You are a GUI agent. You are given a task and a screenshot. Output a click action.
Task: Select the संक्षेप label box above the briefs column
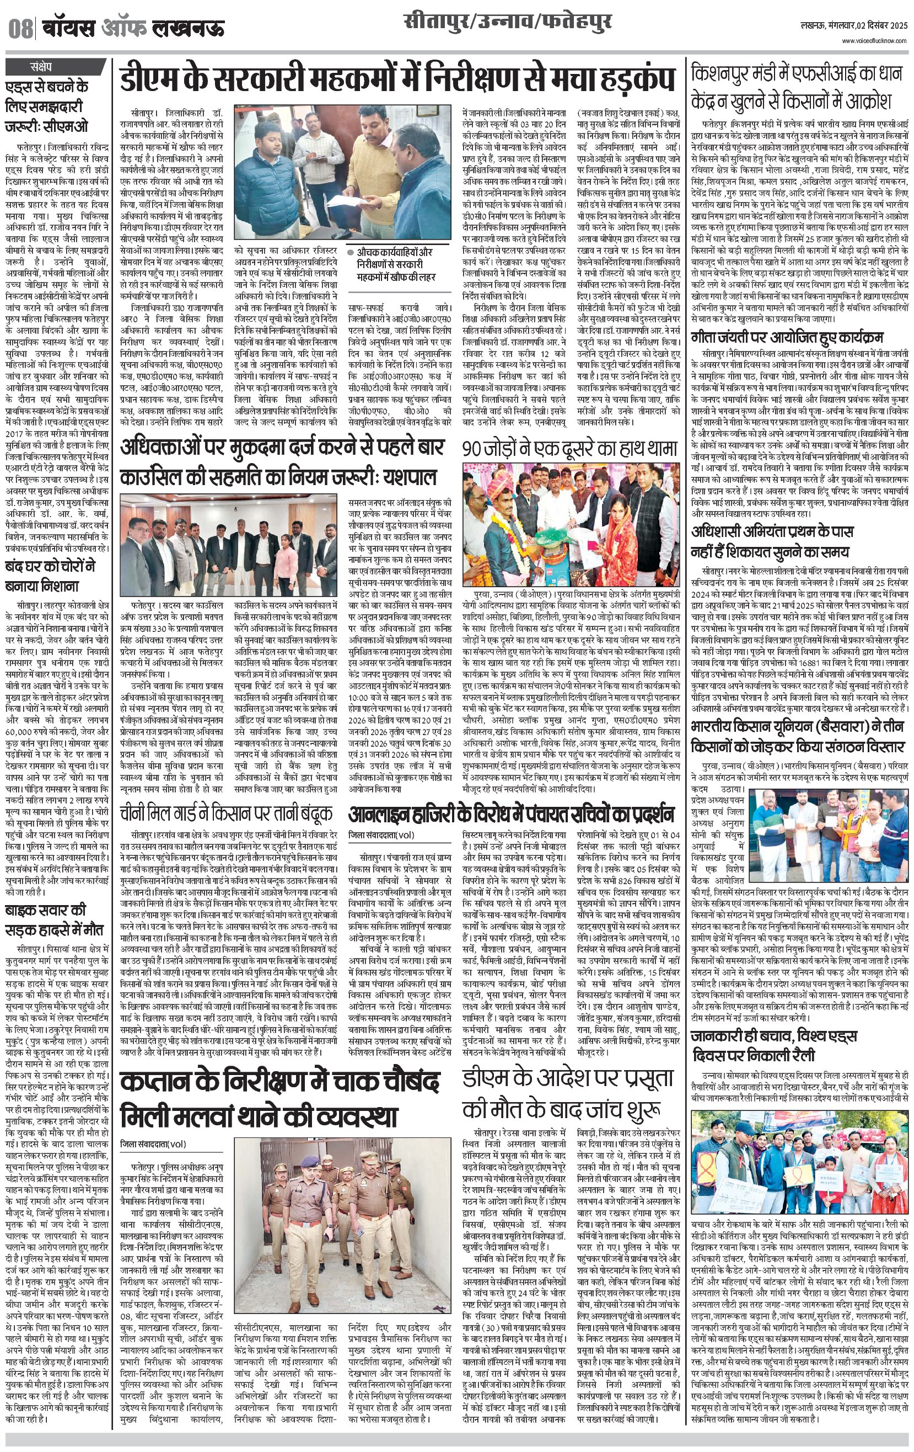41,66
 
